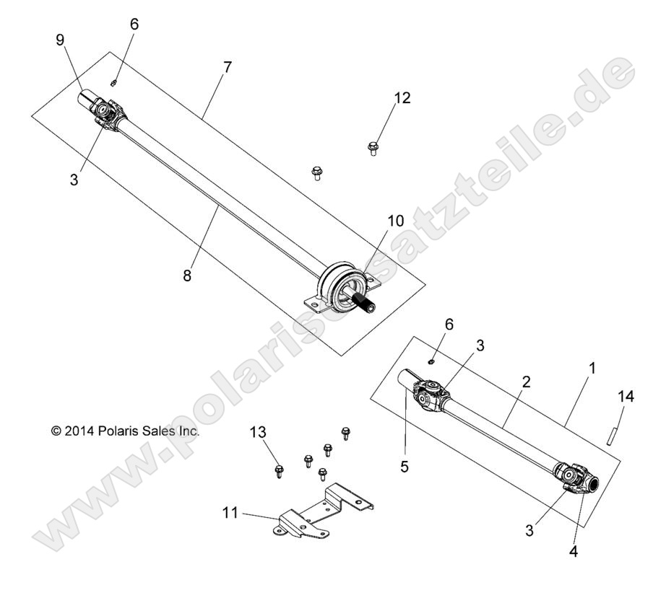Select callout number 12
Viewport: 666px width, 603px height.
402,97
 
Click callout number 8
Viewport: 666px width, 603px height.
188,275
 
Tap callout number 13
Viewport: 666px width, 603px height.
258,432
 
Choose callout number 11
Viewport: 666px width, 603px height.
230,514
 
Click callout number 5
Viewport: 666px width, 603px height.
405,467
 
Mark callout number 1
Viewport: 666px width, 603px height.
592,367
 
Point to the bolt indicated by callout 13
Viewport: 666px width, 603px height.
280,472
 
